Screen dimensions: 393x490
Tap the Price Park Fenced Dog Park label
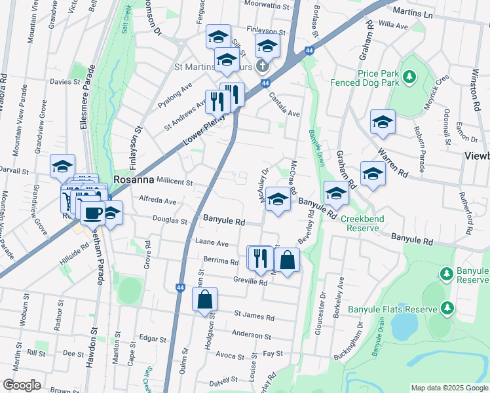coord(379,79)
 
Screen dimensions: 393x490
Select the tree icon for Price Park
coord(410,78)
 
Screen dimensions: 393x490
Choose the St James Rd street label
coord(254,316)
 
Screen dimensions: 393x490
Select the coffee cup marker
coord(92,212)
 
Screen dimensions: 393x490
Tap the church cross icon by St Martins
coord(262,65)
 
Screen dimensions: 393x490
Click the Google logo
coord(22,385)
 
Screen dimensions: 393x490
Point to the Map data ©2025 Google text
coord(449,388)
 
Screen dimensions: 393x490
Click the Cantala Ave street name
coord(284,105)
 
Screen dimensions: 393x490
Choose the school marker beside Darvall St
coord(62,167)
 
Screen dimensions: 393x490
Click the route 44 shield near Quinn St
coord(180,287)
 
